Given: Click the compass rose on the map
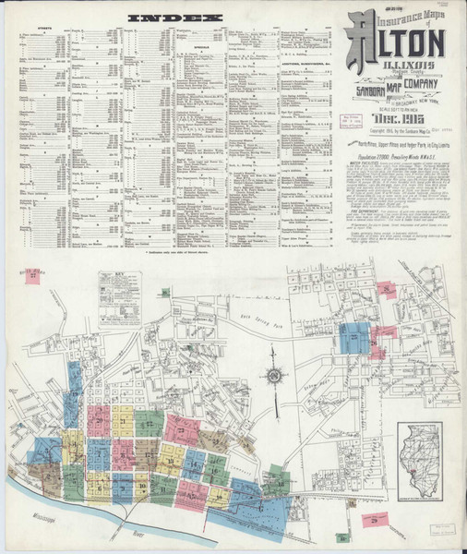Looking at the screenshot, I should [x=274, y=377].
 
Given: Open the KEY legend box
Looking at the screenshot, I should [x=120, y=297].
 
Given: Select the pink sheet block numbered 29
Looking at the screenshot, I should [x=375, y=524].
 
